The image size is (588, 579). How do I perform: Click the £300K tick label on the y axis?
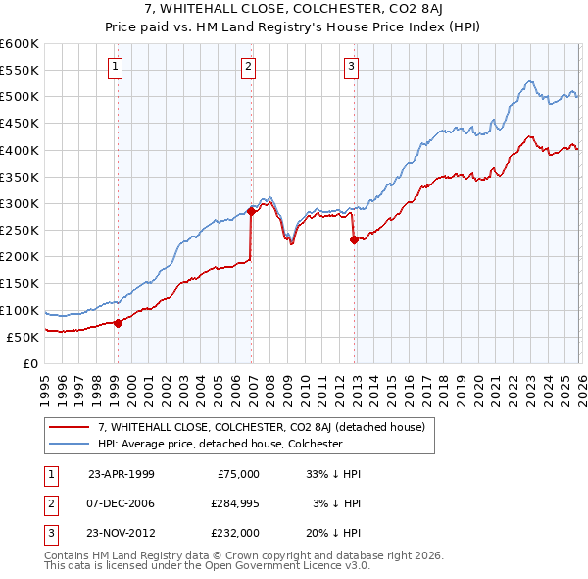click(19, 203)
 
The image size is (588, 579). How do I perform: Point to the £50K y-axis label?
click(23, 337)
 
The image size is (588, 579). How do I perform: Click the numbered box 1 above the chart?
click(116, 67)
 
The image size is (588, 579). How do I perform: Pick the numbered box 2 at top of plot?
click(249, 67)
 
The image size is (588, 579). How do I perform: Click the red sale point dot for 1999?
click(119, 322)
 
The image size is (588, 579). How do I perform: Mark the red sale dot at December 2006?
click(251, 210)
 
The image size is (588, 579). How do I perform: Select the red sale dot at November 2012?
click(354, 238)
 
